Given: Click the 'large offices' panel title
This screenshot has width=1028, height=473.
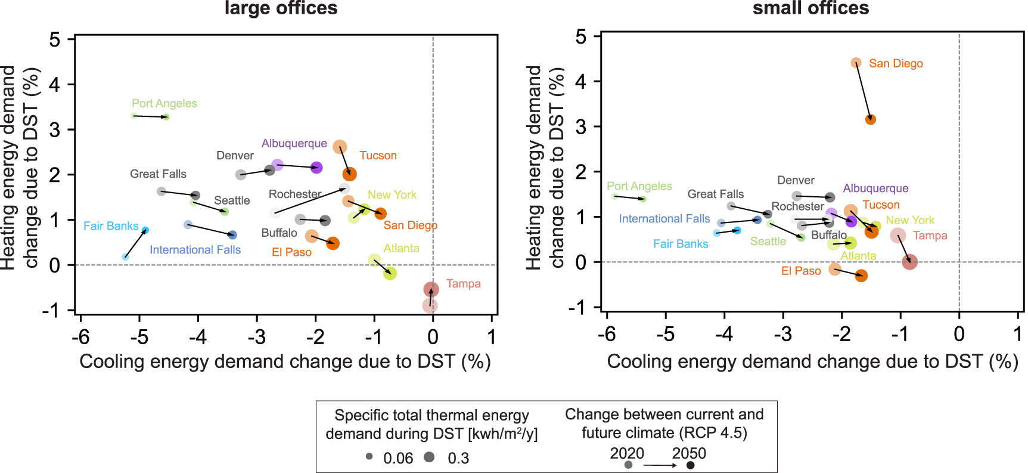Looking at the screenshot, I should [x=281, y=8].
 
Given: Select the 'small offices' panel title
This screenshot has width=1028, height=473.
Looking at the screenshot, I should [x=810, y=8].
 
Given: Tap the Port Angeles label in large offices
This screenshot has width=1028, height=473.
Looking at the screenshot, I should [x=164, y=103].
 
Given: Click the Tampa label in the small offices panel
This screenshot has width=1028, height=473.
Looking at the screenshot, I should [x=930, y=236].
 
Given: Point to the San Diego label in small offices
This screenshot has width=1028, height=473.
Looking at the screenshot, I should [x=896, y=63].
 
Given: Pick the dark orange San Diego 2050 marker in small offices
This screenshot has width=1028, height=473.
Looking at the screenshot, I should [x=871, y=119].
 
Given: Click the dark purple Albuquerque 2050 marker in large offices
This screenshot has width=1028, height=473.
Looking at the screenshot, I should [x=316, y=168].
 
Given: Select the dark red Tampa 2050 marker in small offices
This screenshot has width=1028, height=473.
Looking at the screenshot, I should [x=909, y=261].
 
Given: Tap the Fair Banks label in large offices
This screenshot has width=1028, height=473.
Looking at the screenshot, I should [x=111, y=226].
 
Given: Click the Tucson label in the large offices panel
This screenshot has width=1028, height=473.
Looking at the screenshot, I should [x=378, y=156].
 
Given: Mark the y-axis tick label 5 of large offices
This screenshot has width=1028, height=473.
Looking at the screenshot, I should [x=55, y=40].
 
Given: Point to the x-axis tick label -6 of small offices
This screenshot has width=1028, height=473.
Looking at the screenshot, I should [x=607, y=335].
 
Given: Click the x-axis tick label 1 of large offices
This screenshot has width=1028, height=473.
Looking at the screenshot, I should [x=492, y=337].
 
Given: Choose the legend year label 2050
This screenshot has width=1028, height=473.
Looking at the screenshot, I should [x=689, y=453].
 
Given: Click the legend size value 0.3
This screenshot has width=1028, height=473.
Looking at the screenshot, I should [x=458, y=458].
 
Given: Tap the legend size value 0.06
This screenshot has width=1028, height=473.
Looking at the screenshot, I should [x=398, y=458].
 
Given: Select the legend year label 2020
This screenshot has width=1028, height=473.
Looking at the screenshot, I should [x=627, y=453].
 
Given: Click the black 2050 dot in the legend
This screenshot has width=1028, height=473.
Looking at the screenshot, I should [x=690, y=465].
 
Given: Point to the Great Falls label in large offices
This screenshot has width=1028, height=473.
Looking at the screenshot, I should [x=158, y=174].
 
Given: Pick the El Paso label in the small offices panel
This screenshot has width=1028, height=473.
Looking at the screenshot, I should [x=801, y=271].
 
